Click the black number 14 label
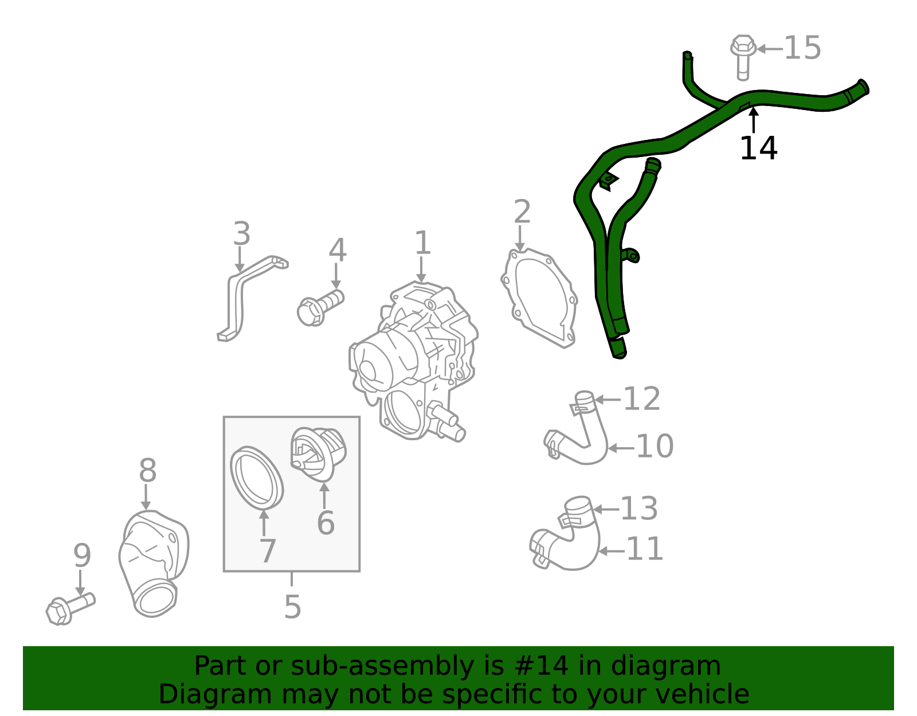(x=758, y=148)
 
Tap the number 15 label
(x=802, y=48)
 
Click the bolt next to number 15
(x=743, y=57)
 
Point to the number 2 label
(x=522, y=212)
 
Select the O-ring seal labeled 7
(x=257, y=479)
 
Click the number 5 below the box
(x=292, y=607)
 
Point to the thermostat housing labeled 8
(x=154, y=564)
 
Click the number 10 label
(x=655, y=446)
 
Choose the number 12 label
(x=642, y=399)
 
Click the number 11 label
(x=645, y=549)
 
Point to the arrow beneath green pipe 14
(x=754, y=120)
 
